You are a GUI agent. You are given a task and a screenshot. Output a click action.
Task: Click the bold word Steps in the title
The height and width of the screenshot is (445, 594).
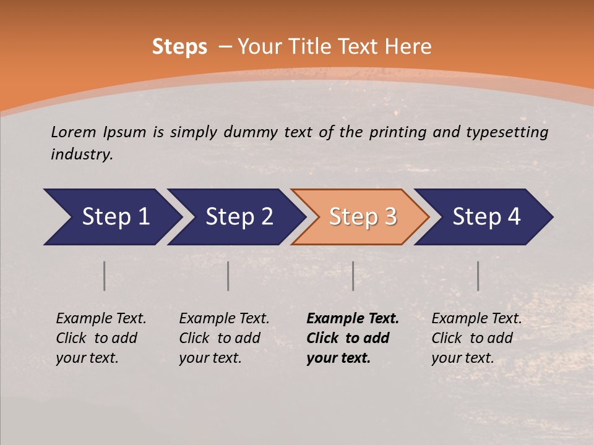click(x=179, y=47)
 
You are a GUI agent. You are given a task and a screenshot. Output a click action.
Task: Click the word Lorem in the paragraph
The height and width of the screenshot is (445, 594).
click(x=74, y=132)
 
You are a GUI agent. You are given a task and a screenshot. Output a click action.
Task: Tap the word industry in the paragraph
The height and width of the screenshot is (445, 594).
click(x=82, y=154)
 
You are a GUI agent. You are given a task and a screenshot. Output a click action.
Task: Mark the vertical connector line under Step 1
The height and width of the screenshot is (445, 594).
click(x=105, y=276)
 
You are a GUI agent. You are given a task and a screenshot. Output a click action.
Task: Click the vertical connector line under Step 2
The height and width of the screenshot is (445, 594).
click(x=228, y=276)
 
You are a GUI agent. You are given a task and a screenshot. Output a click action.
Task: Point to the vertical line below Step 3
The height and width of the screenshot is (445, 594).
click(x=353, y=276)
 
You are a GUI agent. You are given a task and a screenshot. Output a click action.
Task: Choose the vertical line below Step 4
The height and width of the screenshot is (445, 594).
click(x=478, y=276)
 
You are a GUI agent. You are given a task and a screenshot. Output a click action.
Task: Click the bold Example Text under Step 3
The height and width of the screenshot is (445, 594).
click(x=353, y=319)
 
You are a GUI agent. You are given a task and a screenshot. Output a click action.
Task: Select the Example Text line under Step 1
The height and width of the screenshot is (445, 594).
click(x=101, y=319)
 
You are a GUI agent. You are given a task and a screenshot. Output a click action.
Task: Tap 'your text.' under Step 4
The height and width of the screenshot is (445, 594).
click(x=463, y=358)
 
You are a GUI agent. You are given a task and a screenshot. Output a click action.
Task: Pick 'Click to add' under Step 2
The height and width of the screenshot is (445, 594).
click(x=220, y=338)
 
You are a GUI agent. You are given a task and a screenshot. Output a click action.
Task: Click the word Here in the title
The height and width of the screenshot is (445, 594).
click(x=407, y=47)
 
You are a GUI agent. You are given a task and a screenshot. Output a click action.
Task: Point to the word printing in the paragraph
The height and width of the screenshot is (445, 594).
click(x=398, y=132)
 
